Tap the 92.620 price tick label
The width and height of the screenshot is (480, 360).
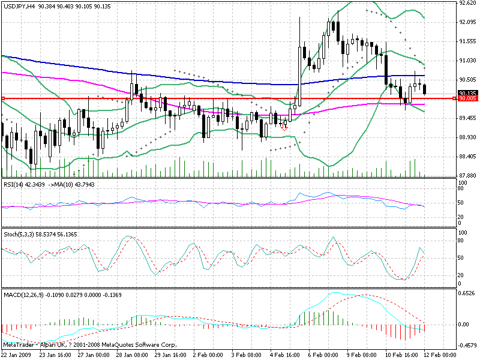click(x=467, y=3)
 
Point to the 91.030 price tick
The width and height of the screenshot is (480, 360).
click(x=467, y=61)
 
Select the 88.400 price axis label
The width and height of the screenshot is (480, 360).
click(x=467, y=157)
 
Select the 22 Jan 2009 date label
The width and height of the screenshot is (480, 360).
click(x=17, y=355)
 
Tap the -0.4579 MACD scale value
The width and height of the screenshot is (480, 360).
click(x=466, y=345)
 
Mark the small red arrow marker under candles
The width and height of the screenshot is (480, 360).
click(x=283, y=128)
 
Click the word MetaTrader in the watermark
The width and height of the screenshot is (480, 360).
click(x=17, y=346)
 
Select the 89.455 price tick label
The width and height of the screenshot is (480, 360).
click(x=467, y=118)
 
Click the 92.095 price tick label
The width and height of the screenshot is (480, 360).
click(x=467, y=22)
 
